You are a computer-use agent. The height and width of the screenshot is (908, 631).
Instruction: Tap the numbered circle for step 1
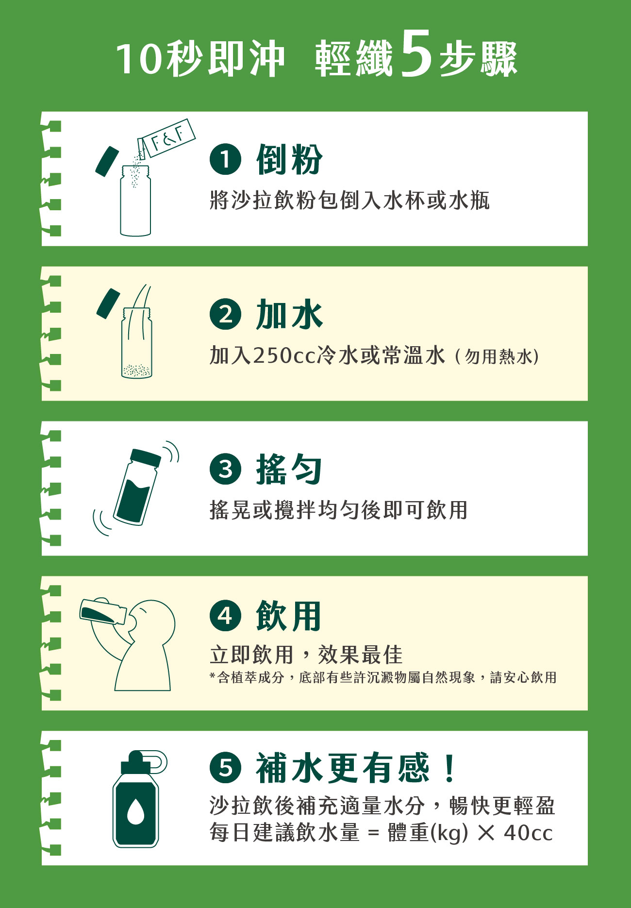tap(225, 159)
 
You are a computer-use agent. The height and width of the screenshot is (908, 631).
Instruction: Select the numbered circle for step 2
tap(225, 314)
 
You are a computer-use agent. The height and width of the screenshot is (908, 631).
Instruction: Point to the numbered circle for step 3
tap(225, 469)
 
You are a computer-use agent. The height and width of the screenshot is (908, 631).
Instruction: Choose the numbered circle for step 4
tap(225, 615)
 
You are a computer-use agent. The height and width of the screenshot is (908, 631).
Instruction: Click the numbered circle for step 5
tap(225, 767)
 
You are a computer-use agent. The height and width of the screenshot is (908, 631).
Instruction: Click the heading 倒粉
tap(289, 159)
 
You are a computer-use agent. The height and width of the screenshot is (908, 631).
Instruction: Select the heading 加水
tap(289, 314)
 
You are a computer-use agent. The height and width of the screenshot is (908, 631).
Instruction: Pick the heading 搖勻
tap(289, 469)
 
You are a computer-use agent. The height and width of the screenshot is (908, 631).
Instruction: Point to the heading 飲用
tap(289, 615)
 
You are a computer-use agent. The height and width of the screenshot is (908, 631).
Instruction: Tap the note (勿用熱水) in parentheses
tap(498, 357)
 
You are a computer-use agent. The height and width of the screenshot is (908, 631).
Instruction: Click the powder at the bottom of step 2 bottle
tap(136, 370)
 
